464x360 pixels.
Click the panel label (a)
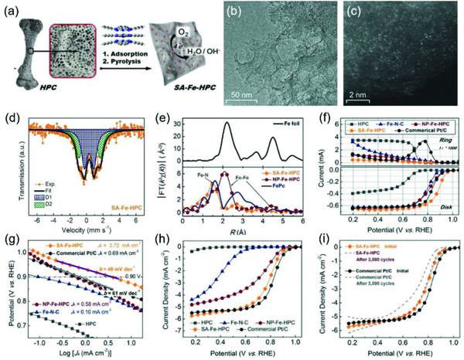pos(10,11)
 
